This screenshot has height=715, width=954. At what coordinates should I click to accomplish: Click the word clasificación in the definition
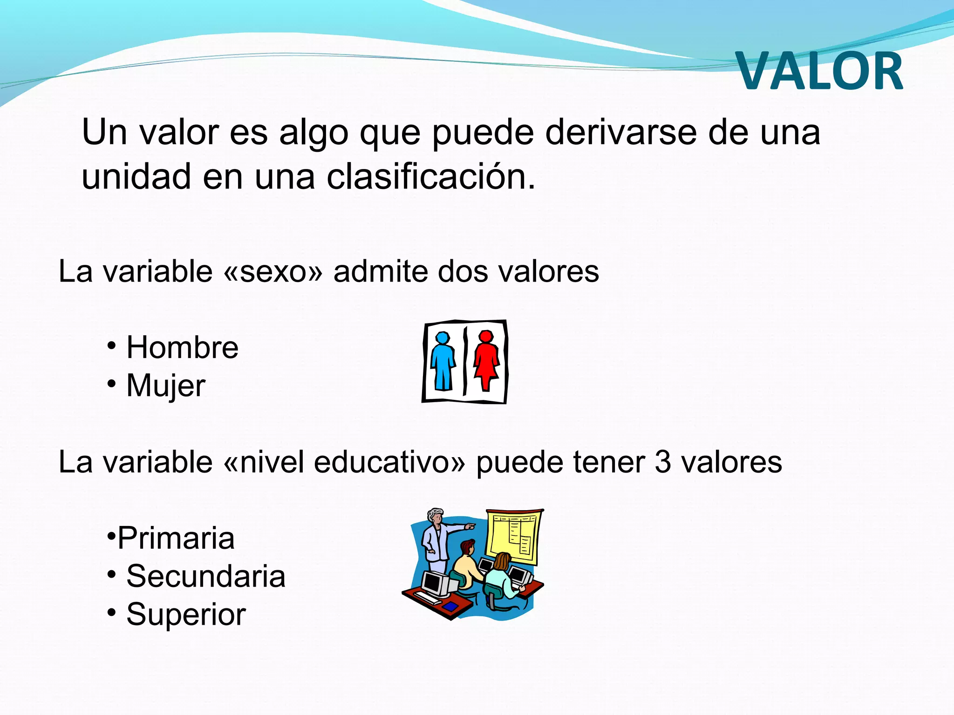click(430, 177)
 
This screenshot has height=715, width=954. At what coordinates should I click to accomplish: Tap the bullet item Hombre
click(182, 348)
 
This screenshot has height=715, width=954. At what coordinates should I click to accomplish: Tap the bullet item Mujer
click(166, 386)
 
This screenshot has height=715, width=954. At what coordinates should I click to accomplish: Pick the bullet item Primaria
click(176, 539)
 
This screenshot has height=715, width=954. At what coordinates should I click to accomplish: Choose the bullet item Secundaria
click(205, 576)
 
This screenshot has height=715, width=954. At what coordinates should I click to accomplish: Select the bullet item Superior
click(186, 614)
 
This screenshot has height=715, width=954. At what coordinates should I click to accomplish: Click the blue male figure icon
click(443, 361)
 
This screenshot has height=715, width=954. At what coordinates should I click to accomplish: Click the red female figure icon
click(486, 361)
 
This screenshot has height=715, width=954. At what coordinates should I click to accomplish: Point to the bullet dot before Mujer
click(111, 384)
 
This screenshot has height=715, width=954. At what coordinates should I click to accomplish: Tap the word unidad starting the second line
click(136, 177)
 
